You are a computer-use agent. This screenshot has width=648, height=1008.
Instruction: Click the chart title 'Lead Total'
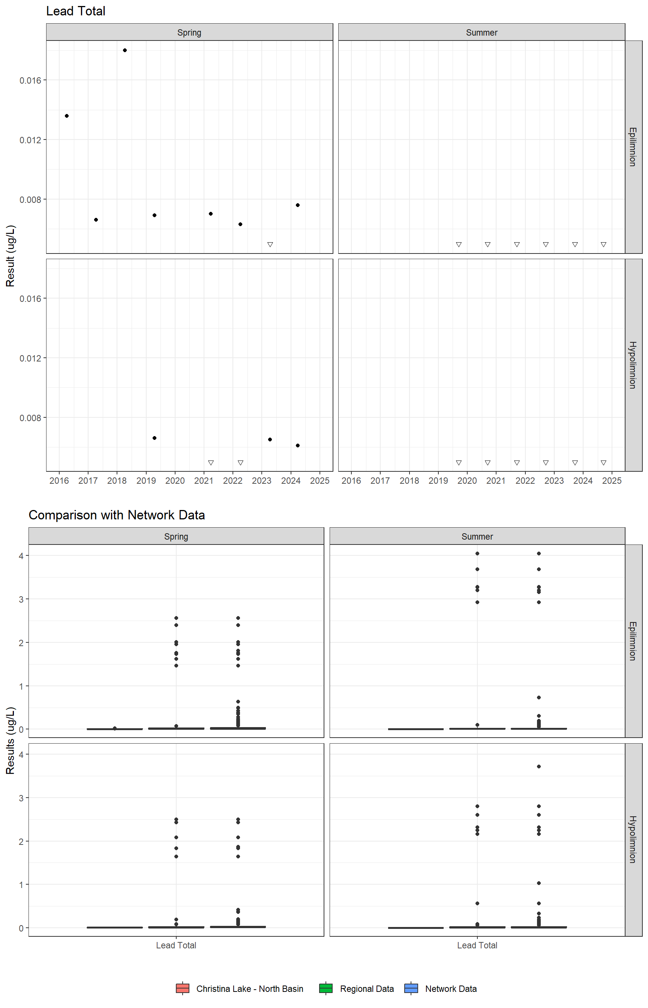[x=76, y=11]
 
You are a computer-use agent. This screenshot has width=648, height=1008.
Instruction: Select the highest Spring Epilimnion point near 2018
[x=125, y=51]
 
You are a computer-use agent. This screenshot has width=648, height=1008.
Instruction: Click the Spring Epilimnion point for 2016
[x=67, y=116]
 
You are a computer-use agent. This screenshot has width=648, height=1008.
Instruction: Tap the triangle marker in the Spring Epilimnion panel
[x=270, y=244]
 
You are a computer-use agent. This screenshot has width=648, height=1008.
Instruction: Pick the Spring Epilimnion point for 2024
[x=298, y=205]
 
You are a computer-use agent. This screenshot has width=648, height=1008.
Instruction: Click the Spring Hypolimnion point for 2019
[x=154, y=438]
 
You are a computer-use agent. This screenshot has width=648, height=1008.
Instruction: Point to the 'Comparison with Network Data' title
[x=117, y=515]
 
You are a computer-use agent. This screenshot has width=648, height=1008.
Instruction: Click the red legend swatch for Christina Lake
[x=183, y=988]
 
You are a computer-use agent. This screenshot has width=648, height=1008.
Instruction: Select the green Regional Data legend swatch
[x=326, y=988]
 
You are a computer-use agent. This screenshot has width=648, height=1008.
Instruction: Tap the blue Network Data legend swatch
[x=411, y=988]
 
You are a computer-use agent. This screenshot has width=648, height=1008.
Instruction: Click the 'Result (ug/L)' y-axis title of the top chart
[x=10, y=256]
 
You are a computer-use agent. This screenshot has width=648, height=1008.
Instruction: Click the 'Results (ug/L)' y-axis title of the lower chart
[x=10, y=740]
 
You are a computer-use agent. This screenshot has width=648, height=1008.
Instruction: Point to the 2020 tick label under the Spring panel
[x=175, y=480]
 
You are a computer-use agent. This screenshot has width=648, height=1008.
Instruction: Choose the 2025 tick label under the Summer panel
[x=612, y=480]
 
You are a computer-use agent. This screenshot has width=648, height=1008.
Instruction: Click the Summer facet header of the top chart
[x=481, y=32]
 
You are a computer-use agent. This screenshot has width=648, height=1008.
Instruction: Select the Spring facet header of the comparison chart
[x=176, y=536]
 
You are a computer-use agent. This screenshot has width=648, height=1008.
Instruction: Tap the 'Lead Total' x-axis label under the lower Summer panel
[x=477, y=945]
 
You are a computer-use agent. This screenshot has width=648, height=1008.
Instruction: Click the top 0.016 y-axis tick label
[x=30, y=80]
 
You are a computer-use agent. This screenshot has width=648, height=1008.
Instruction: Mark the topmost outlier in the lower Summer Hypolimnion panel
[x=539, y=766]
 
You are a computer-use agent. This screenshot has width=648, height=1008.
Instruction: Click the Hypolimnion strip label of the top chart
[x=633, y=365]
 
